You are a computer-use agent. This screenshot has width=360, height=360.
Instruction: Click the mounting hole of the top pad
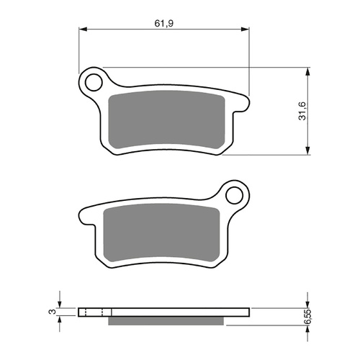coord(93,81)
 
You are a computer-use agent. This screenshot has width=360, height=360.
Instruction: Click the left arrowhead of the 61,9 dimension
coord(82,30)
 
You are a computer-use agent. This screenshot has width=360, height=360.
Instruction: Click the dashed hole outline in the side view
coord(94,312)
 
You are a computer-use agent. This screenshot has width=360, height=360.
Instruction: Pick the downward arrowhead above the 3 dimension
coord(60,303)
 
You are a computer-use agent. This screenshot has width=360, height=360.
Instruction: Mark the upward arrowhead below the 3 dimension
coord(60,320)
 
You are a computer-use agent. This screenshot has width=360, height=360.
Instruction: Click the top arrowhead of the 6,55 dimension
coord(308,303)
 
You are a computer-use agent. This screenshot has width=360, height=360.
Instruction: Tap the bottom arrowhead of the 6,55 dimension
coord(308,327)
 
